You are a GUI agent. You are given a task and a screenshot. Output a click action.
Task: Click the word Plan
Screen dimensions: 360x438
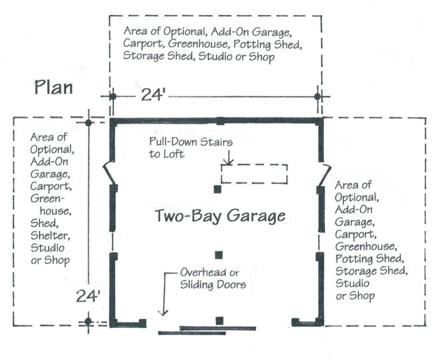click(54, 87)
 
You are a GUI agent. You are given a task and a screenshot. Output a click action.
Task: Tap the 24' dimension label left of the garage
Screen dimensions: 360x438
click(88, 296)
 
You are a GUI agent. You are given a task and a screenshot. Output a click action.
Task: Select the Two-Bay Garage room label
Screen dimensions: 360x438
click(220, 216)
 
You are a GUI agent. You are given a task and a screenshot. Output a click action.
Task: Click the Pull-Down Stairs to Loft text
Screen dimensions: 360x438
click(191, 148)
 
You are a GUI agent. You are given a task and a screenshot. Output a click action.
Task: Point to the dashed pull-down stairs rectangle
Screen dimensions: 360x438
click(254, 174)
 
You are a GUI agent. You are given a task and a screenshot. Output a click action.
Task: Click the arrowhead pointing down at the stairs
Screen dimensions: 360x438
click(228, 162)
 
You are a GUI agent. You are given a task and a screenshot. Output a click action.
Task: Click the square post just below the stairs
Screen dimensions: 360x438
click(218, 189)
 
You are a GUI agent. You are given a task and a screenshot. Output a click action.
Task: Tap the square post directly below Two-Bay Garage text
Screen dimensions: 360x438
click(219, 255)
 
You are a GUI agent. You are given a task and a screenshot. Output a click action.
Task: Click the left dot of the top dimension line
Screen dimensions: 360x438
click(113, 96)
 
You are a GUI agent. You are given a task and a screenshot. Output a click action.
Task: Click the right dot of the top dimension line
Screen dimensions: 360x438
click(318, 96)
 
